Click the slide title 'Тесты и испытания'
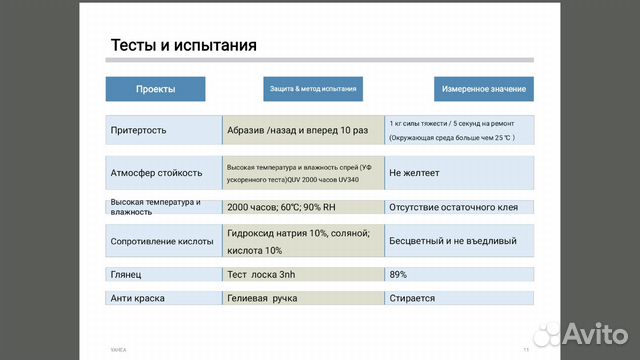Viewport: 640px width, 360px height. tap(183, 45)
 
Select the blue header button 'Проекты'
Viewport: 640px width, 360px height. tap(156, 89)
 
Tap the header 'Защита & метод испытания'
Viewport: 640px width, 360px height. tap(312, 89)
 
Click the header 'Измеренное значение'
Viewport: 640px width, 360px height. tap(483, 89)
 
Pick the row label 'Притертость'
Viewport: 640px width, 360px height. tap(139, 130)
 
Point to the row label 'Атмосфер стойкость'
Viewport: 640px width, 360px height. tap(156, 172)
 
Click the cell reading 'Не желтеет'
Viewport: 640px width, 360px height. tap(414, 172)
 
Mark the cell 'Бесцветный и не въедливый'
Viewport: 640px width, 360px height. tap(453, 240)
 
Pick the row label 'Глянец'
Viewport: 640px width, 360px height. tap(126, 273)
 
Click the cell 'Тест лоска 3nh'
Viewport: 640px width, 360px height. tap(262, 273)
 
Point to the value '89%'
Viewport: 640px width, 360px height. tap(398, 273)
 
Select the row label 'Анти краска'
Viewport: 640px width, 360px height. tap(137, 297)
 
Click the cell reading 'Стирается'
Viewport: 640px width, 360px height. tap(412, 297)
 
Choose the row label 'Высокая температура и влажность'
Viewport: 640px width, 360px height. tap(155, 207)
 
